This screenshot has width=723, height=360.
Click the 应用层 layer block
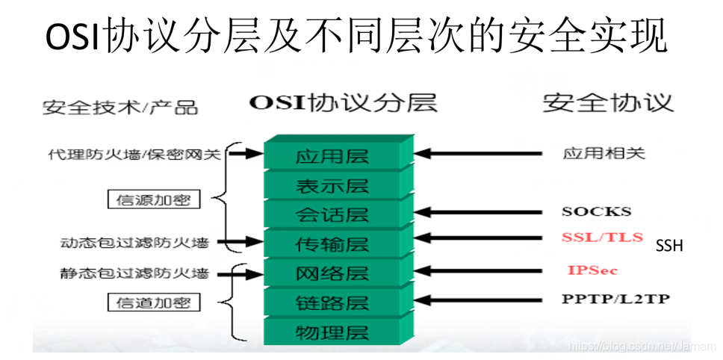[x=332, y=157]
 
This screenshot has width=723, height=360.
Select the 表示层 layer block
[x=332, y=186]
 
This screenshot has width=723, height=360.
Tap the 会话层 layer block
[x=332, y=215]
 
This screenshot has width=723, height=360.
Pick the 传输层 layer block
[x=332, y=243]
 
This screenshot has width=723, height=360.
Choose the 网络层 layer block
[x=332, y=273]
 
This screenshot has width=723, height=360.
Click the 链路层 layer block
[x=332, y=302]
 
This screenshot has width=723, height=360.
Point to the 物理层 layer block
[x=332, y=331]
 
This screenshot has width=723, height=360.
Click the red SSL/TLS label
[x=602, y=238]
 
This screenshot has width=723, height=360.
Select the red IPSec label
[x=592, y=270]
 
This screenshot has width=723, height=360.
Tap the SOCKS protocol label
[x=596, y=211]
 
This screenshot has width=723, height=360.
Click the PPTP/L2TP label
[x=615, y=299]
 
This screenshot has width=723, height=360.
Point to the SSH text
[x=669, y=246]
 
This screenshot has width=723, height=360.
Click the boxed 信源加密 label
[x=154, y=199]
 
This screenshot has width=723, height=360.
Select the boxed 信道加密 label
[x=154, y=302]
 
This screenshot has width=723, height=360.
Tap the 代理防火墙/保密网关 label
[x=133, y=155]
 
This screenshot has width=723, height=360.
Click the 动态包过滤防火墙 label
[x=134, y=243]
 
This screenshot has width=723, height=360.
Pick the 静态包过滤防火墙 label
[x=134, y=273]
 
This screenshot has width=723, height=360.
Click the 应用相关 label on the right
[x=603, y=154]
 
